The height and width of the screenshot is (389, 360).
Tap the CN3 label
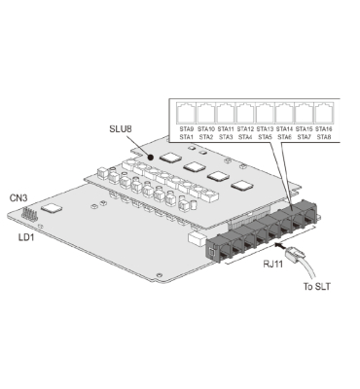point(18,198)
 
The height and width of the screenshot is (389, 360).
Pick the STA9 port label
point(185,128)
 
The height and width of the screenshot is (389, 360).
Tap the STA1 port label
point(185,136)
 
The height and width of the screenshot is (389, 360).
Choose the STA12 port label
point(245,128)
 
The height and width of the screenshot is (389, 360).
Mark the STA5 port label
point(265,136)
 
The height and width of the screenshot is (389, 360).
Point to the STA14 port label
point(285,128)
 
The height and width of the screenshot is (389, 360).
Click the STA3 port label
point(225,136)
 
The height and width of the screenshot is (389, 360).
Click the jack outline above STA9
point(185,112)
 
